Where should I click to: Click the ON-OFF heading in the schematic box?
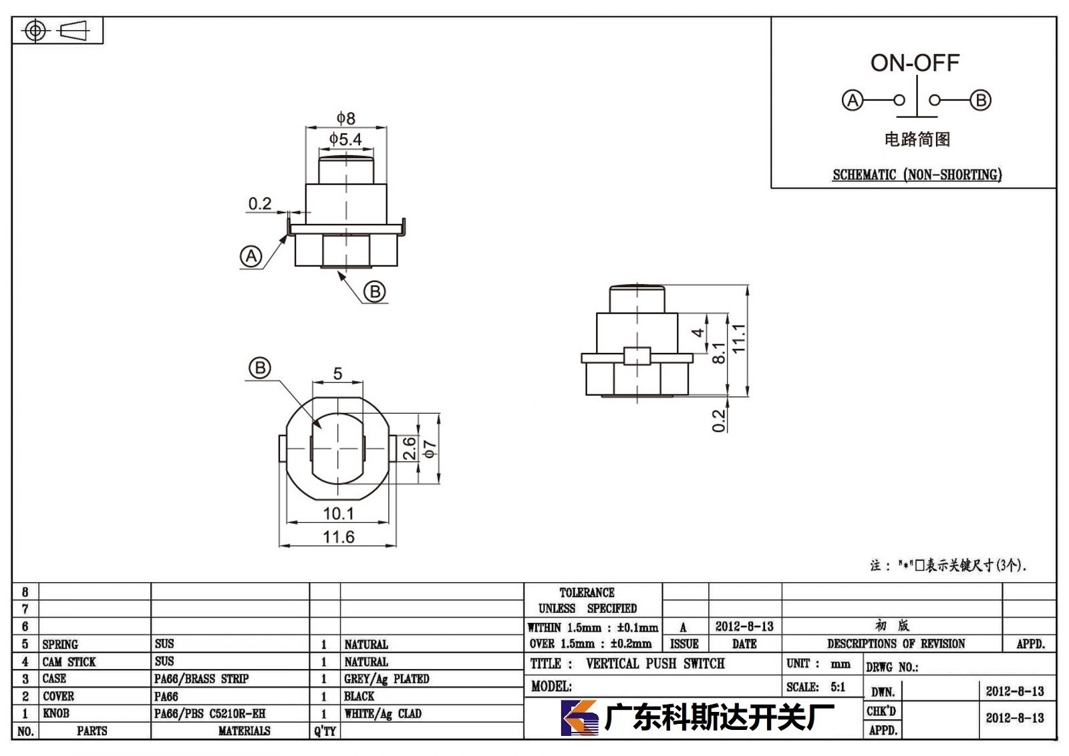915,63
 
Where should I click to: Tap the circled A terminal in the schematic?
853,100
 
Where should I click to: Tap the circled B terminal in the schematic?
981,100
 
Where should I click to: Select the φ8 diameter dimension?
346,118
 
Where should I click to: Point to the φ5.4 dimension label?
345,140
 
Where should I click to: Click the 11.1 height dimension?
738,338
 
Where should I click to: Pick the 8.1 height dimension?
718,352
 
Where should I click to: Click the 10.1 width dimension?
338,514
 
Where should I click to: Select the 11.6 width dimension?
338,537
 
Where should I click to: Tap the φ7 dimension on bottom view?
430,449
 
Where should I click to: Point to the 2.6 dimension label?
410,449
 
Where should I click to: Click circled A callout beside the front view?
251,257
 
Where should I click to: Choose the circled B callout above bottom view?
260,368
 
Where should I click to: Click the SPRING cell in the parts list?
60,644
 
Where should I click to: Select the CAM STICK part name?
69,662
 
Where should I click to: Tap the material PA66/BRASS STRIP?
201,678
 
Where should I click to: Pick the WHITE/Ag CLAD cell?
383,714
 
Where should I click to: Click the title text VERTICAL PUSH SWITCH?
655,664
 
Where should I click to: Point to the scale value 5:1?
838,687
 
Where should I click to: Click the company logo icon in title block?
580,717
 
